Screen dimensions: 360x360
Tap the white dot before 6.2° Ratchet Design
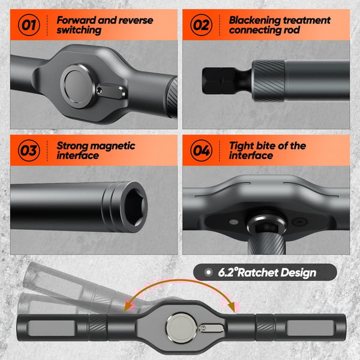pyautogui.click(x=208, y=272)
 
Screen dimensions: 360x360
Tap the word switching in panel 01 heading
pyautogui.click(x=79, y=31)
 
